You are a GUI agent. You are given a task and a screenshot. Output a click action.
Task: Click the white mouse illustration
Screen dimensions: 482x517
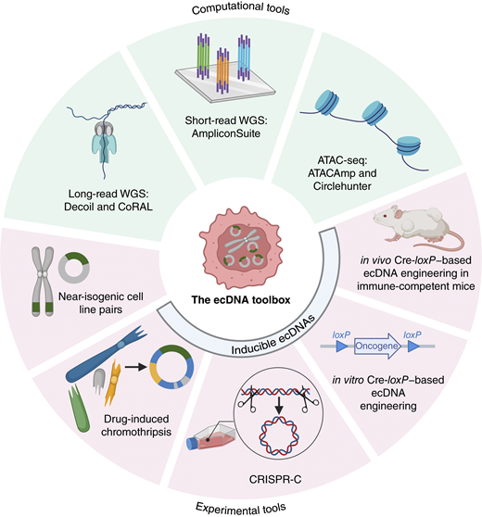pyautogui.click(x=418, y=228)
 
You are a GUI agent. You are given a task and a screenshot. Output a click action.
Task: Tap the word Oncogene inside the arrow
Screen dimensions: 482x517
pyautogui.click(x=376, y=347)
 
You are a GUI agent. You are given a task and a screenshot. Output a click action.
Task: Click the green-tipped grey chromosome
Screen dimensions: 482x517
pyautogui.click(x=43, y=282)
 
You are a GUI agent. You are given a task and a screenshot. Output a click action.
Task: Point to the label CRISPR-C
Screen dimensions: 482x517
pyautogui.click(x=275, y=479)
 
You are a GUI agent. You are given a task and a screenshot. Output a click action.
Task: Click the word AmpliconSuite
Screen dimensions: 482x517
pyautogui.click(x=226, y=133)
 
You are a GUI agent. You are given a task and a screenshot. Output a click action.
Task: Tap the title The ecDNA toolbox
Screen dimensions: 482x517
pyautogui.click(x=241, y=300)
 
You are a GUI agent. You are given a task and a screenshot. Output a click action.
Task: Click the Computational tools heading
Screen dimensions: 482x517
pyautogui.click(x=241, y=8)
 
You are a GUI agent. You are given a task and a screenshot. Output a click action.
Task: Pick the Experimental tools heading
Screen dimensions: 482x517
pyautogui.click(x=241, y=508)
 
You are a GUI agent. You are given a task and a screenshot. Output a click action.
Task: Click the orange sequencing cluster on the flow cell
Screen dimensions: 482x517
pyautogui.click(x=222, y=70)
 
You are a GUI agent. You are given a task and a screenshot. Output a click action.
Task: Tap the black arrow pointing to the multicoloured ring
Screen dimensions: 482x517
pyautogui.click(x=135, y=367)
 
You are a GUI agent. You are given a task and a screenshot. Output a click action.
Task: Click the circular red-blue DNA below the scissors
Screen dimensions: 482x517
pyautogui.click(x=280, y=437)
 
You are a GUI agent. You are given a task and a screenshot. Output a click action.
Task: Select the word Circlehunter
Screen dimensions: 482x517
pyautogui.click(x=342, y=186)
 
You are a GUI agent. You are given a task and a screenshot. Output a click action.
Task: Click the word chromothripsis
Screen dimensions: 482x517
pyautogui.click(x=136, y=432)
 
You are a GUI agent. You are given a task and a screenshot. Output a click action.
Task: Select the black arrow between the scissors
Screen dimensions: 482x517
pyautogui.click(x=279, y=406)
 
